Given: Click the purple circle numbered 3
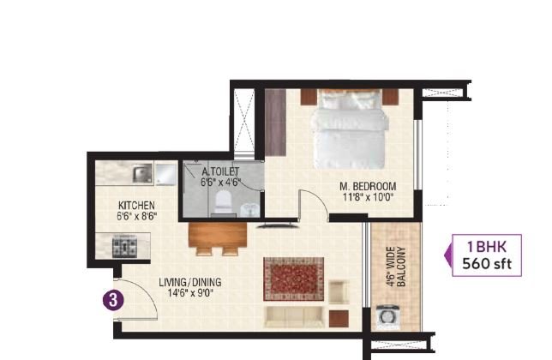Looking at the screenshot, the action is click(113, 301).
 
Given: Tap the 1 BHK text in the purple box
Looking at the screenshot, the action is click(487, 247).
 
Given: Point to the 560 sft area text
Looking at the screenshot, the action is click(487, 264).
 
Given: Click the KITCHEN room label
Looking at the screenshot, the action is click(136, 205).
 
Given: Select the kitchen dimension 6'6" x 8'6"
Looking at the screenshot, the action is click(136, 216).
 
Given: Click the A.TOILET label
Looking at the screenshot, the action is click(220, 171).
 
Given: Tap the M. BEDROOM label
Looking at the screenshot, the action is click(368, 186).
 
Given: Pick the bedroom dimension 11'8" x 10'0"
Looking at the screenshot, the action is click(368, 197).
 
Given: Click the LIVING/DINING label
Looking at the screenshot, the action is click(190, 282).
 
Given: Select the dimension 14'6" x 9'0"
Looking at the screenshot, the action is click(190, 293).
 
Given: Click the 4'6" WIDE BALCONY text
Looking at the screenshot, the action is click(396, 267).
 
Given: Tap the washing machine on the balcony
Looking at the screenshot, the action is click(387, 316).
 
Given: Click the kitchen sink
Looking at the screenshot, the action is click(142, 173).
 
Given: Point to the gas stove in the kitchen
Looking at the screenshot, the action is click(124, 248).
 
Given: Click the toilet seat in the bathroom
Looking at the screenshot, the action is click(223, 202).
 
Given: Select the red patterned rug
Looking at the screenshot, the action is click(294, 279).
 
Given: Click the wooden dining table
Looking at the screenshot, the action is click(218, 234).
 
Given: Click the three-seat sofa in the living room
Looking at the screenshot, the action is click(294, 317).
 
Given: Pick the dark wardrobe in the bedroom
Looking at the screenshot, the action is click(275, 122).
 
